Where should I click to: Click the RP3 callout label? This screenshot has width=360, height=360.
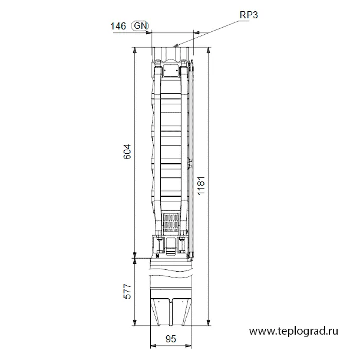click(249, 15)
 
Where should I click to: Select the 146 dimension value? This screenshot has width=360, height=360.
click(118, 26)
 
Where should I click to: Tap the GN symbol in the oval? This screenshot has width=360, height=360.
click(140, 26)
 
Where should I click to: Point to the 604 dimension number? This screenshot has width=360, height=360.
click(127, 151)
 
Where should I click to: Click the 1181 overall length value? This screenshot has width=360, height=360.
click(201, 186)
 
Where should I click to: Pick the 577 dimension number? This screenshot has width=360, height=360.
click(127, 292)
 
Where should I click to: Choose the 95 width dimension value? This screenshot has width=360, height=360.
click(171, 339)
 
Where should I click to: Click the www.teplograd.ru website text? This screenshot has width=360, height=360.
click(293, 331)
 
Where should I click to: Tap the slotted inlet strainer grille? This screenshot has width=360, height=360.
click(171, 223)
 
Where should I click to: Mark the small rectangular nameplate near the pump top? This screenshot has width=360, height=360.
click(171, 70)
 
